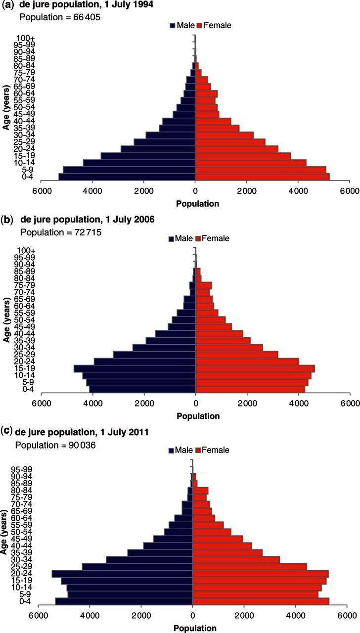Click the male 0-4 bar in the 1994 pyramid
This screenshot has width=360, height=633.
pyautogui.click(x=127, y=177)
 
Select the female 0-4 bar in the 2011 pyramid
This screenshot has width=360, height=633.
pyautogui.click(x=261, y=601)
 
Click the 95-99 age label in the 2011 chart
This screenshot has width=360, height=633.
pyautogui.click(x=24, y=469)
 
